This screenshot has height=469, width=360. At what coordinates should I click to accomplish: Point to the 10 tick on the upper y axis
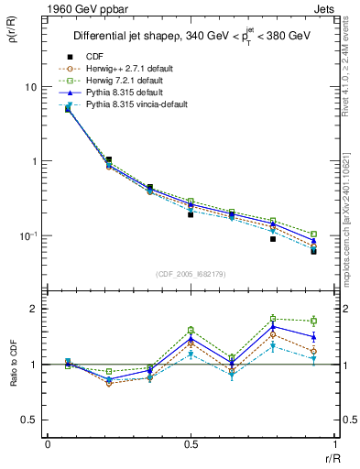click(30, 87)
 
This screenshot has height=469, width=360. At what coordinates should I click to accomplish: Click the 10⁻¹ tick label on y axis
click(28, 236)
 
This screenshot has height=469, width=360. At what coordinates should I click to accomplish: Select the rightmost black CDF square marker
click(313, 250)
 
